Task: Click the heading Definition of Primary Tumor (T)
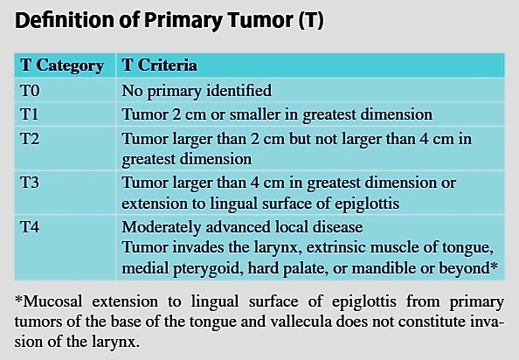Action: click(170, 20)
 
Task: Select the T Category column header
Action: click(62, 66)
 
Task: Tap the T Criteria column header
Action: click(160, 65)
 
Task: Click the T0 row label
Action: click(30, 90)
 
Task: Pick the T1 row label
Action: click(30, 114)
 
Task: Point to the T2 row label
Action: click(30, 138)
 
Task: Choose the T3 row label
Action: click(30, 183)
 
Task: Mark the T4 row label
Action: click(30, 227)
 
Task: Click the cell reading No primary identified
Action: click(197, 92)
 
